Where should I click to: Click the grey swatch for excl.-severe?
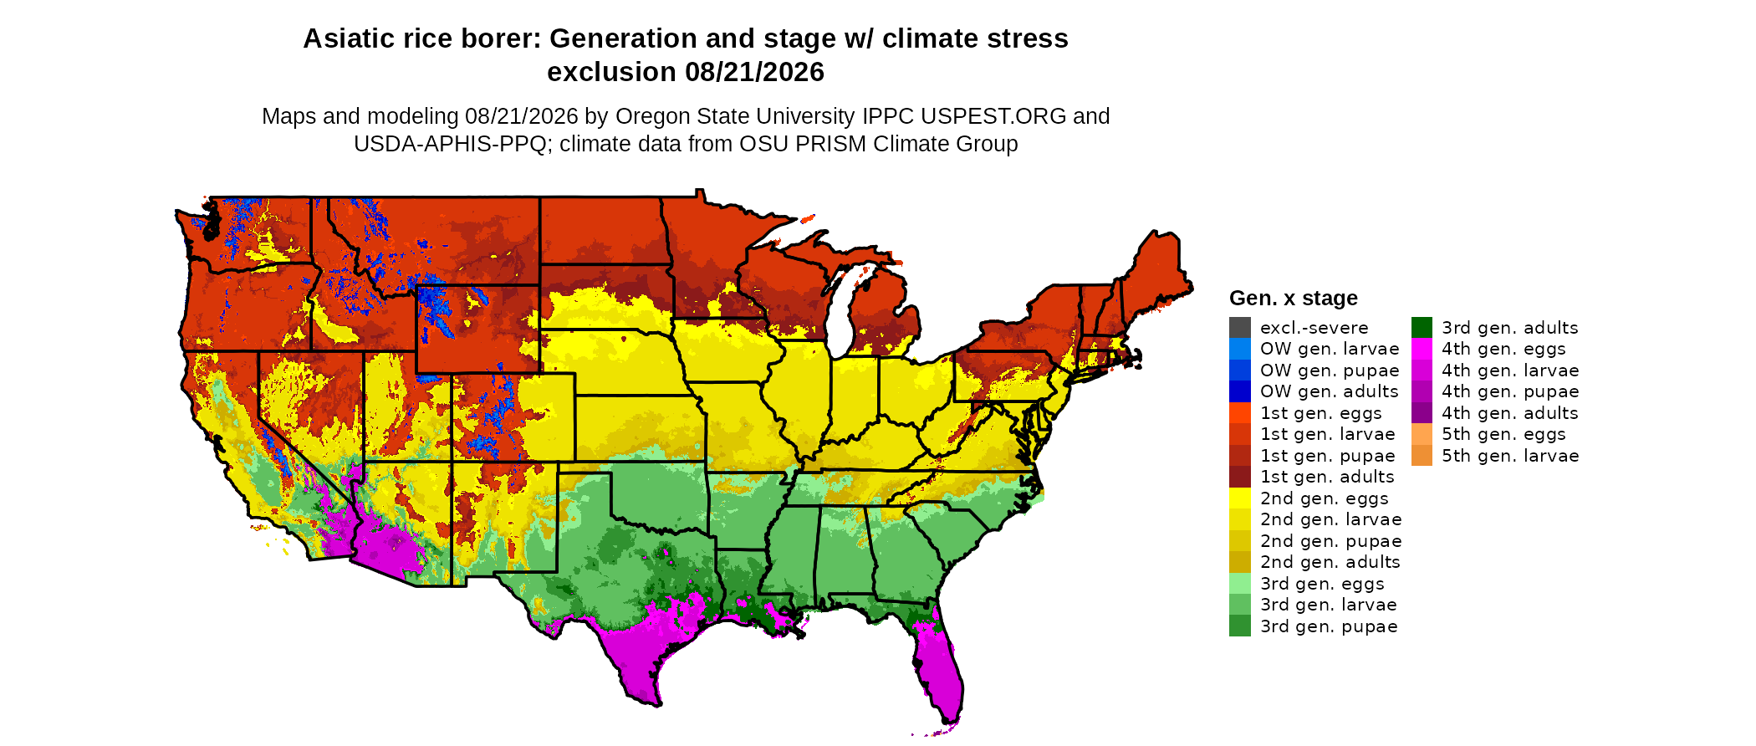(1240, 328)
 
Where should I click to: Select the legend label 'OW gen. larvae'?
(1330, 349)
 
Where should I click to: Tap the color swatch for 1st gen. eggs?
(1240, 413)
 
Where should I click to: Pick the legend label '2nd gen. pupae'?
(1331, 541)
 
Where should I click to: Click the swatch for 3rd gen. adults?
(1422, 328)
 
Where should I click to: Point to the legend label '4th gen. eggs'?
(1503, 349)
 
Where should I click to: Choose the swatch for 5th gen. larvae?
(1422, 456)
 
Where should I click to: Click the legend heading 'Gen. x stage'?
(1294, 299)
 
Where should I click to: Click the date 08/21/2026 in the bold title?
(754, 72)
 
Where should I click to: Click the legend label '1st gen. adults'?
(1328, 477)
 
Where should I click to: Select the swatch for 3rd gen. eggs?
(1240, 584)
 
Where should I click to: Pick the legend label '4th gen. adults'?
(1510, 413)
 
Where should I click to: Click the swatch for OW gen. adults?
(1240, 391)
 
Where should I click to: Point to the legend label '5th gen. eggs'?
(1503, 434)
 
